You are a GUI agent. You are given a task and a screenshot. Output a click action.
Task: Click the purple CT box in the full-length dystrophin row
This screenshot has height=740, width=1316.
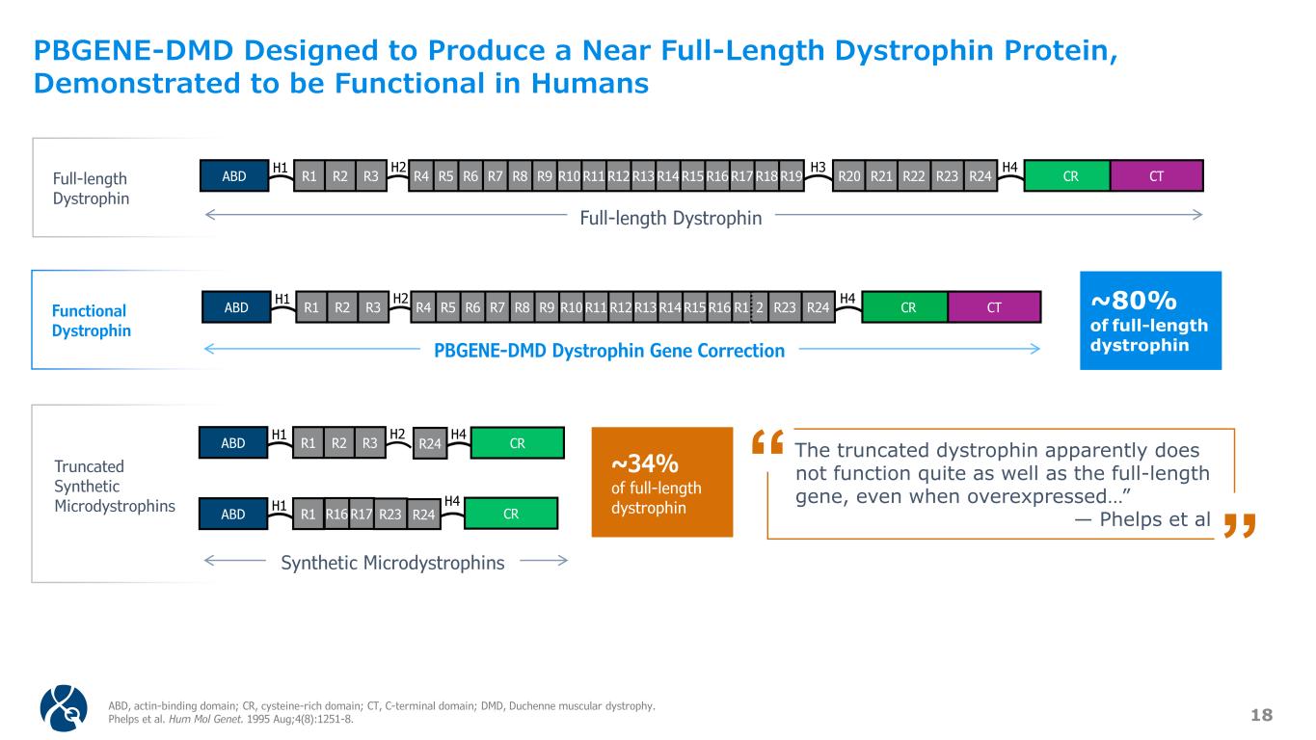click(1156, 175)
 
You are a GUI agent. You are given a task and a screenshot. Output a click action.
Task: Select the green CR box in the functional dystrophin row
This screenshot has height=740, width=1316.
click(907, 307)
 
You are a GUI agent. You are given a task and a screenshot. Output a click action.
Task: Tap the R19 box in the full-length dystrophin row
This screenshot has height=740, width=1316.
click(792, 176)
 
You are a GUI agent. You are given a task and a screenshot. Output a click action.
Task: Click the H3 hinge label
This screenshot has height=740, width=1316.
click(818, 167)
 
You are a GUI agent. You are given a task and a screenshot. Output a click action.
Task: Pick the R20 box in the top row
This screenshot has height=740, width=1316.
click(849, 176)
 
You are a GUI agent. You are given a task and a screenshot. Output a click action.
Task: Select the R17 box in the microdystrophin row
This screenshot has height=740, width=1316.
click(361, 514)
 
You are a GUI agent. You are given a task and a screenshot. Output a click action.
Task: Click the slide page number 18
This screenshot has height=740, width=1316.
click(1261, 714)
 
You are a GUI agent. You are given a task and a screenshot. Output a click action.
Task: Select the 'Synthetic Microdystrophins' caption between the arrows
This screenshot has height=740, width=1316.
click(392, 563)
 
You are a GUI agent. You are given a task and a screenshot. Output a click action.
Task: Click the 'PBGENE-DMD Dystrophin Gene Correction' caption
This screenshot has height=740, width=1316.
click(609, 351)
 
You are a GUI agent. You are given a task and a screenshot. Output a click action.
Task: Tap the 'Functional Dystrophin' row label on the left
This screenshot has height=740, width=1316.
click(90, 320)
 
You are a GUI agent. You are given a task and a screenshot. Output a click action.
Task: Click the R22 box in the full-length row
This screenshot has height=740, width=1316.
click(913, 176)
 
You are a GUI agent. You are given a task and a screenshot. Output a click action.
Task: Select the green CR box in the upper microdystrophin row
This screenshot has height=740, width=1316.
click(516, 443)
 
